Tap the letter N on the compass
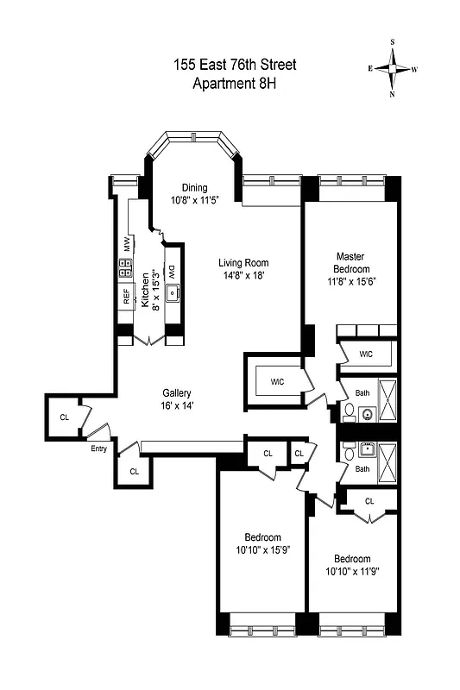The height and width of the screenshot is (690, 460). pyautogui.click(x=393, y=95)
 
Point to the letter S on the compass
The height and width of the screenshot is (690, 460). pyautogui.click(x=393, y=41)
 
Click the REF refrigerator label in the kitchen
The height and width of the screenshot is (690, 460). pyautogui.click(x=126, y=298)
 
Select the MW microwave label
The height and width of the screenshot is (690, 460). pyautogui.click(x=126, y=245)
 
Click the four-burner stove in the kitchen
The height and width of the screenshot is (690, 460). pyautogui.click(x=125, y=271)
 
